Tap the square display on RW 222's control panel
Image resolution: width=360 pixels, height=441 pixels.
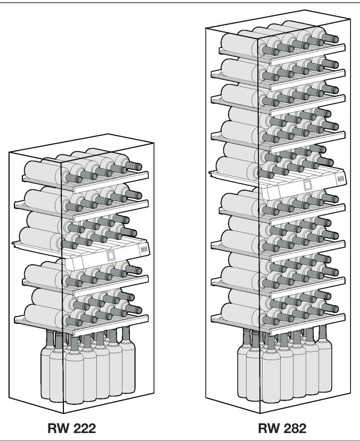110,255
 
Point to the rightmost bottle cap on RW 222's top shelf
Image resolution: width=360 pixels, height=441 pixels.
139,167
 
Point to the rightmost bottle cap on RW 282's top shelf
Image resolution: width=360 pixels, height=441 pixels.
335,39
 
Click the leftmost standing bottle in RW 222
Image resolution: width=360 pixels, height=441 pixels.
49,367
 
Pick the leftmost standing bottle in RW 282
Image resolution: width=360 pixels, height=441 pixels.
245,367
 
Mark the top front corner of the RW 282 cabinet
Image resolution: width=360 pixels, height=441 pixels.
258,40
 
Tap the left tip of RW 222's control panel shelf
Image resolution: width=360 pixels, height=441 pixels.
13,243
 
